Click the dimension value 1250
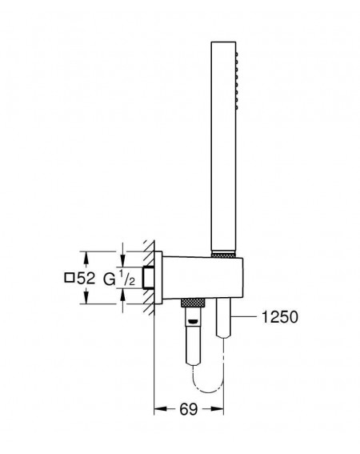point(279,317)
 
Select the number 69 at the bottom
point(188,409)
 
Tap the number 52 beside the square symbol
point(86,279)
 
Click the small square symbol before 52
point(69,278)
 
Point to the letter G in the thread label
point(110,279)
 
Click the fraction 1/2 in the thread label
point(127,278)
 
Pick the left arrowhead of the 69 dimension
point(160,409)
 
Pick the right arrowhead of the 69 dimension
point(217,409)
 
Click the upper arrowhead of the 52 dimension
point(86,258)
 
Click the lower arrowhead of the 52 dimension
point(86,297)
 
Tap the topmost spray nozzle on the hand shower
point(237,54)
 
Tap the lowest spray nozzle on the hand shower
point(237,107)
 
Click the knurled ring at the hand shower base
point(224,255)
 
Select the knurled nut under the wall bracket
point(193,303)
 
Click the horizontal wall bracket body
point(202,277)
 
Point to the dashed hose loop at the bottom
point(208,382)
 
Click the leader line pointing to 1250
point(244,317)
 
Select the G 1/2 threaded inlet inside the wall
point(149,277)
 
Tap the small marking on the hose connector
point(193,321)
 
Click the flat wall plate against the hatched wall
point(158,277)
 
